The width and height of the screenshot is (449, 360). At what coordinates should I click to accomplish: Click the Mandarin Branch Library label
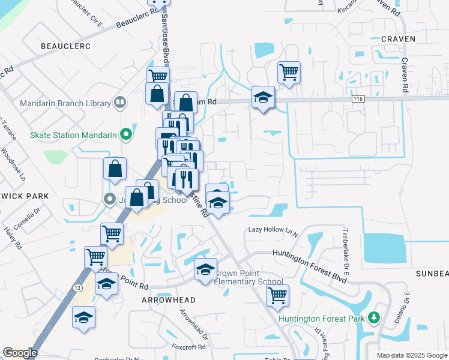[x=65, y=103]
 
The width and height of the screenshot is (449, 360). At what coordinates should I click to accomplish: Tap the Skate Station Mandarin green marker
[x=125, y=135]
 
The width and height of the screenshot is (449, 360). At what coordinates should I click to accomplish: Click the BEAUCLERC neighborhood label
[x=65, y=46]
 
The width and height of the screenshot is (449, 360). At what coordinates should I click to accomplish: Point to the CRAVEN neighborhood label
[x=398, y=39]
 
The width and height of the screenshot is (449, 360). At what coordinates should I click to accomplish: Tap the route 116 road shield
[x=358, y=98]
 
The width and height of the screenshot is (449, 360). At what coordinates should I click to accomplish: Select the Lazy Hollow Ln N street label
[x=273, y=230]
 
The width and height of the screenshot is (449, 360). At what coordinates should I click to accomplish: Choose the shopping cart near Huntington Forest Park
[x=277, y=295]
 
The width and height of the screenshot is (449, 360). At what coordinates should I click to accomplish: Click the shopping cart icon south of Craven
[x=289, y=72]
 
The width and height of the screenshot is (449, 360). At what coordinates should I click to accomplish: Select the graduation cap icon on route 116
[x=262, y=98]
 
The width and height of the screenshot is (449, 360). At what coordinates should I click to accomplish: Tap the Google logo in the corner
[x=20, y=353]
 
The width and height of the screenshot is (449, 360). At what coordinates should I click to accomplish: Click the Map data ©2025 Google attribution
[x=412, y=355]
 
